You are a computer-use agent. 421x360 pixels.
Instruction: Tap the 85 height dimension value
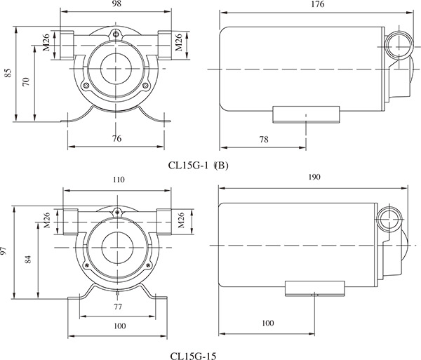coord(8,74)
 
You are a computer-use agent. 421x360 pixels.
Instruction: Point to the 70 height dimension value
coord(26,82)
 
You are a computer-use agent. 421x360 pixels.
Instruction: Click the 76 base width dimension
coord(116,139)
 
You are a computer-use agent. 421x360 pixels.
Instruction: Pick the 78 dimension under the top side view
coord(264,140)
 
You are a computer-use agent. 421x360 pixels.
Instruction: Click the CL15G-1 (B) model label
coord(199,166)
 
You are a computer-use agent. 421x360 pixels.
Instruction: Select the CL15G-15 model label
coord(193,355)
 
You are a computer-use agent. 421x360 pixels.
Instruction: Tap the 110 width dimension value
coord(118,180)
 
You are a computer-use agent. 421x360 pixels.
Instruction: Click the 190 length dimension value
coord(314,178)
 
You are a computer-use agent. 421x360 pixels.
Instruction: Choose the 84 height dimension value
coord(27,260)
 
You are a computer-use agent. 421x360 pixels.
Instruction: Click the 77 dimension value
coord(117,307)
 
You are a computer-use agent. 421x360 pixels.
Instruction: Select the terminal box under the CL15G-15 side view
coord(315,286)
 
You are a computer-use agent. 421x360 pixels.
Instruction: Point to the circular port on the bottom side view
coord(388,221)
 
